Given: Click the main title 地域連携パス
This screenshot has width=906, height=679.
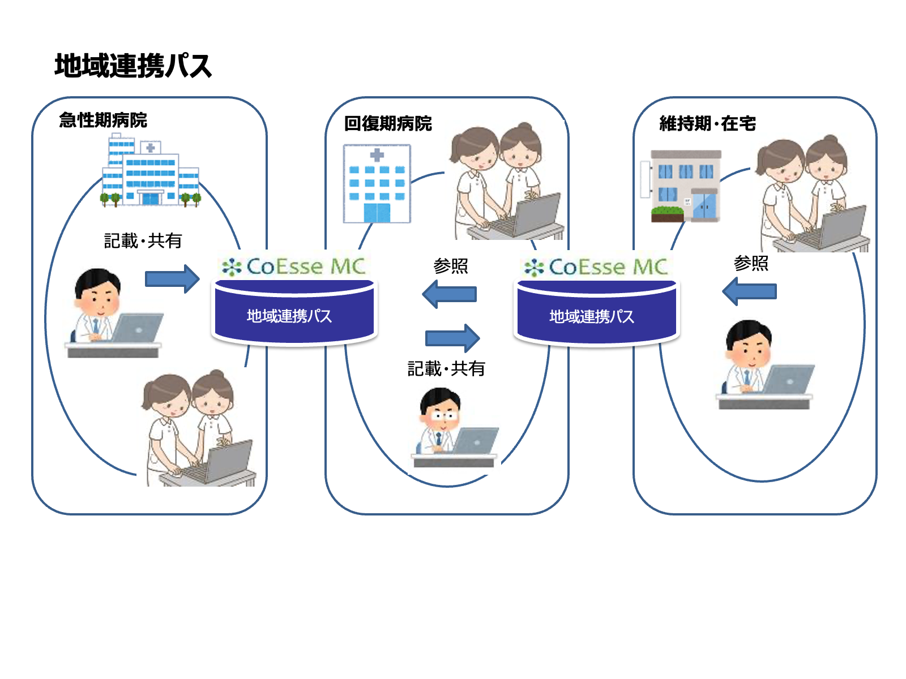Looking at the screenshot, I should pos(133,66).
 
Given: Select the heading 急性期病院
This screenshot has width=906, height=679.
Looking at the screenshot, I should pos(103,120).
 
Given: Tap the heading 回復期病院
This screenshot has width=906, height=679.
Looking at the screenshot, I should pos(388,123).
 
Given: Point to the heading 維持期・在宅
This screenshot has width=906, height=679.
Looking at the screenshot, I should pos(707,123).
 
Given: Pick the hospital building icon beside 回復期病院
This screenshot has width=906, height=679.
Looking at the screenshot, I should pos(377,184).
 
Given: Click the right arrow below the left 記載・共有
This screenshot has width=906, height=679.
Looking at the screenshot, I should pos(172,278).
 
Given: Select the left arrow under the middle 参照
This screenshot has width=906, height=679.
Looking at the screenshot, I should pos(450,294).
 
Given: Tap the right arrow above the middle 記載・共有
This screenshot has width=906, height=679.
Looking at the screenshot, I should pos(452,338).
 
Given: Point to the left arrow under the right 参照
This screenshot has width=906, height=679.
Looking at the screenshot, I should pos(750,292).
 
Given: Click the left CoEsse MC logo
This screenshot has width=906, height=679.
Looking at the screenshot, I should pos(294,267).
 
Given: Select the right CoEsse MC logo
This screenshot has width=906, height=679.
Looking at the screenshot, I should pos(596,267).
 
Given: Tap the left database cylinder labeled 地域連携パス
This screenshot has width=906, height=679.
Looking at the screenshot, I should pos(294,314).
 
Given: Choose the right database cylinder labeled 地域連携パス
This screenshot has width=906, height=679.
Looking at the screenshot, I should pos(596,315).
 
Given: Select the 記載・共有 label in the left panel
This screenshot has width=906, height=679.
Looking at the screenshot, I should pos(143,241).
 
